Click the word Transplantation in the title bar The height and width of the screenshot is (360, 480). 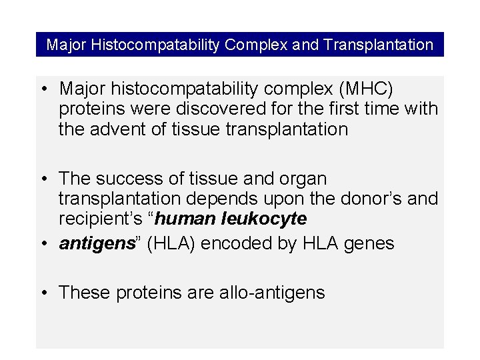pyautogui.click(x=379, y=45)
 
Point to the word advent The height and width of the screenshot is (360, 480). pyautogui.click(x=118, y=129)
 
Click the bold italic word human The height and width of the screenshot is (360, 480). pyautogui.click(x=191, y=219)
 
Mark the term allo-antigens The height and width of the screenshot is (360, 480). pyautogui.click(x=271, y=293)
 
